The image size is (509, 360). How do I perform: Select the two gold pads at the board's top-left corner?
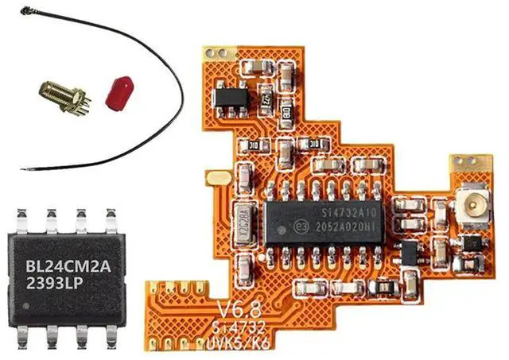point(215,53)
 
